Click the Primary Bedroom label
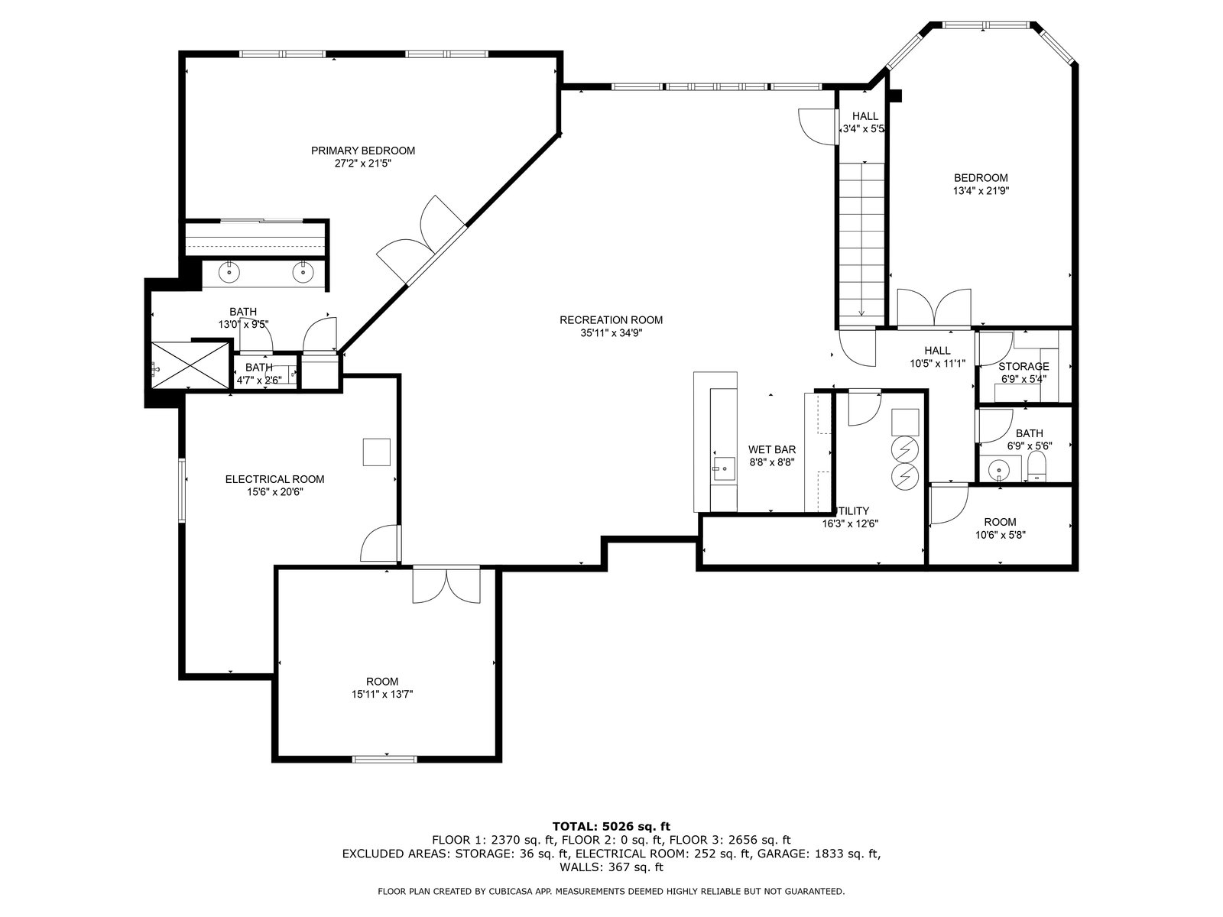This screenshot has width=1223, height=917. pos(363,151)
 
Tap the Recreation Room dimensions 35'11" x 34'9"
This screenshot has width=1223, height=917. pos(611,333)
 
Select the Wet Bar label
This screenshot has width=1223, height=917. pos(772,449)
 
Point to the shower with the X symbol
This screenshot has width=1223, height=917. pos(190,365)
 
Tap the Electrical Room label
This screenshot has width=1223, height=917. pos(274,479)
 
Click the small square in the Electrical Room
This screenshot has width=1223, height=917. pos(376,452)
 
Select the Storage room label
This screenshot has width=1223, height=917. pos(1023,366)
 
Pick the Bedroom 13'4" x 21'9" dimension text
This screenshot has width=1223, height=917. pos(981,191)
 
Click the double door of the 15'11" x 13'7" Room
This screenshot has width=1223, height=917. pos(446,584)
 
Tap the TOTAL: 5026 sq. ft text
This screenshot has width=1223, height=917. pos(611,826)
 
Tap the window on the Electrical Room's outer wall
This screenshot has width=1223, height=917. pos(182,490)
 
